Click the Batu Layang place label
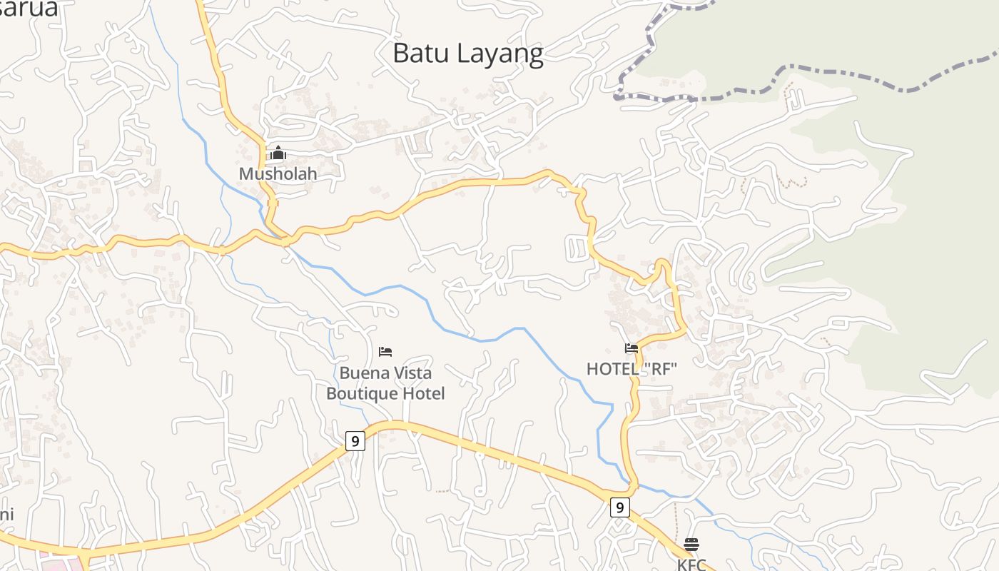coord(468,54)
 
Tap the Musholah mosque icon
coord(278,153)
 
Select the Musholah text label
coord(278,173)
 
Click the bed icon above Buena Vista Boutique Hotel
coord(385,351)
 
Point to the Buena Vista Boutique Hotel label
coord(385,383)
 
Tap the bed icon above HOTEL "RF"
coord(632,348)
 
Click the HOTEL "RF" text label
coord(632,369)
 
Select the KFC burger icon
coord(691,545)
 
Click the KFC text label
coord(691,564)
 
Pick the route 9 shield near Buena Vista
coord(355,441)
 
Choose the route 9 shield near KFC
coord(620,507)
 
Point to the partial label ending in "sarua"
coord(29,9)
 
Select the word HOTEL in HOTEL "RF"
coord(611,369)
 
